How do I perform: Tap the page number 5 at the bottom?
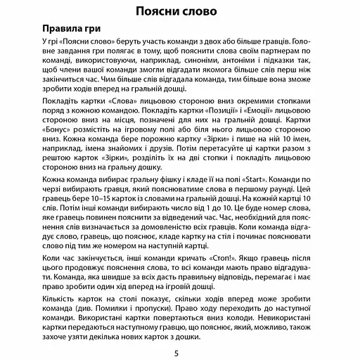click(x=180, y=349)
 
